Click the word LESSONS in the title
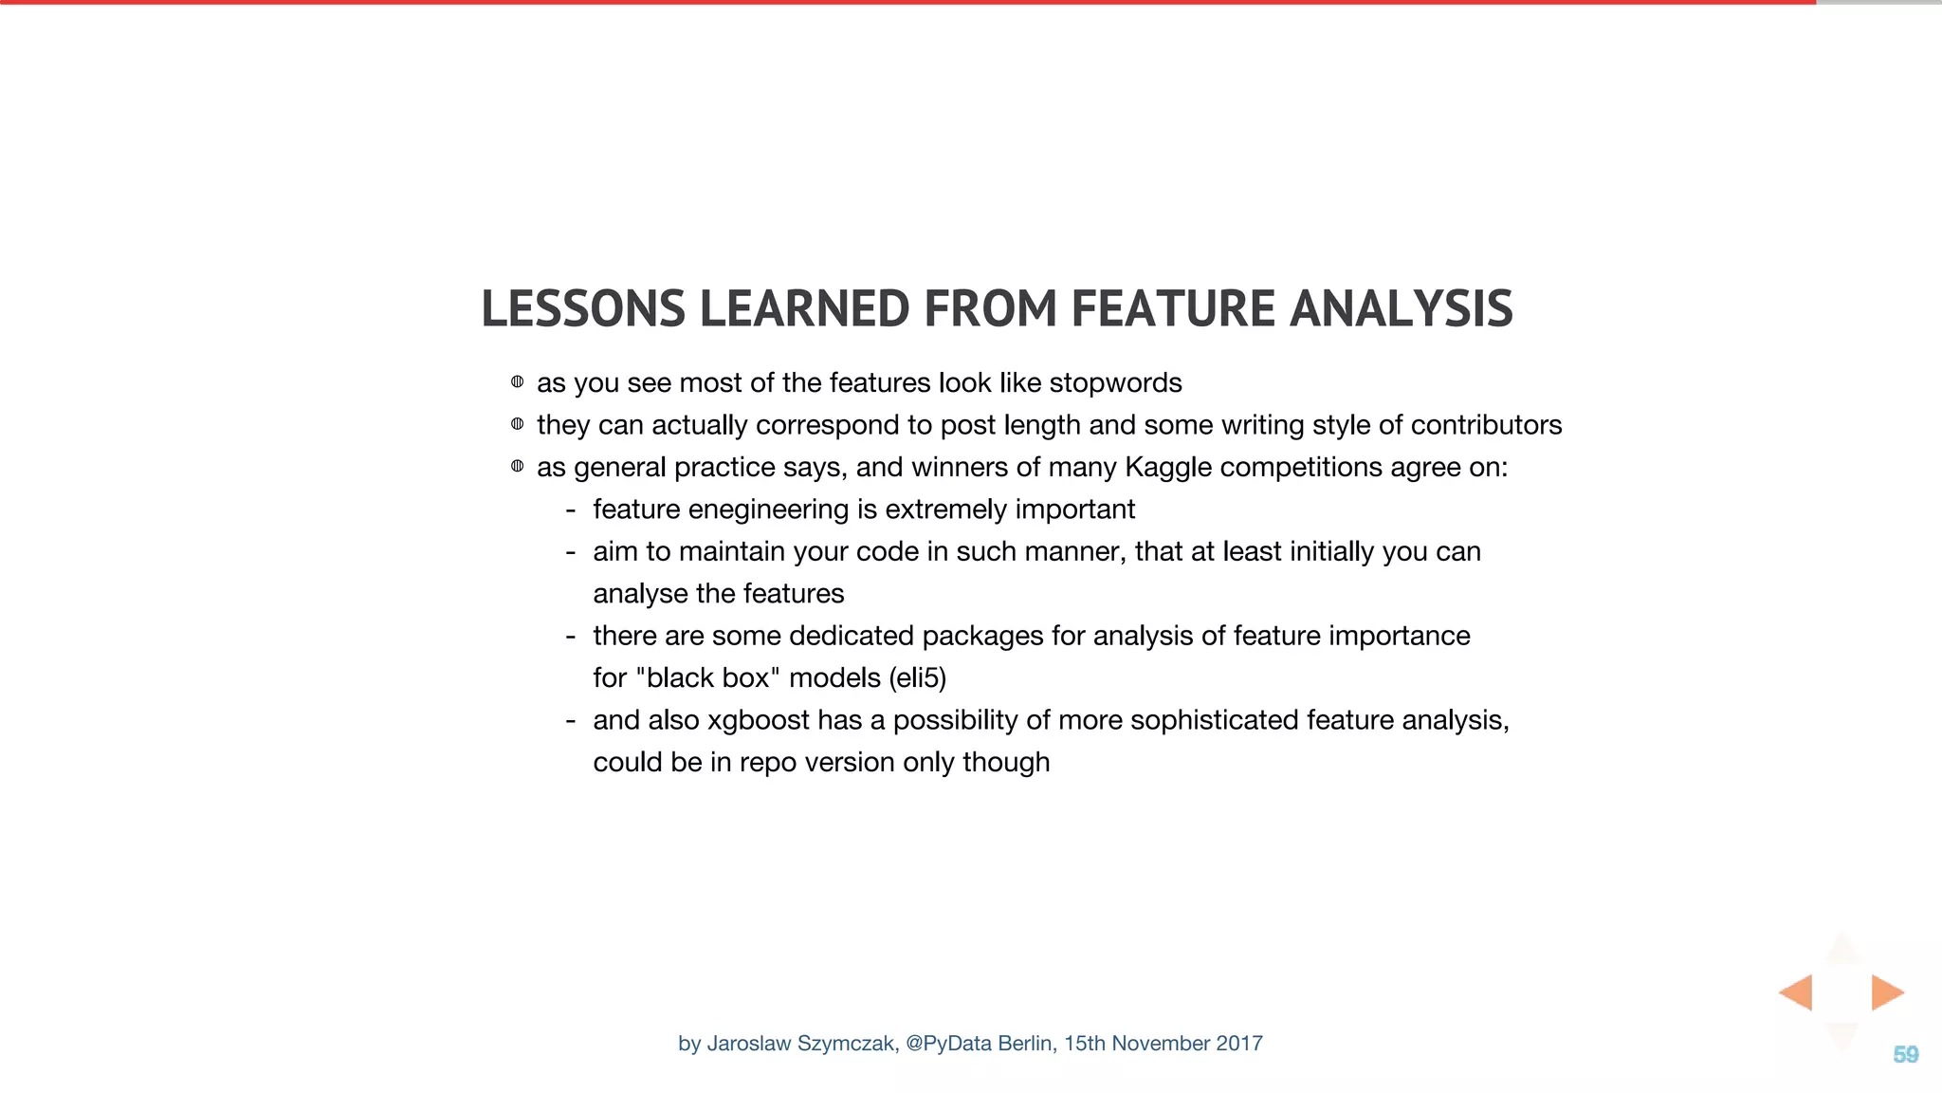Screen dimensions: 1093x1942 (582, 309)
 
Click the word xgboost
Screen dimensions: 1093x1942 (758, 721)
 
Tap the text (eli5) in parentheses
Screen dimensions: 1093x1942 (917, 678)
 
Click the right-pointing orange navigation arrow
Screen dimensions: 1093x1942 (1886, 992)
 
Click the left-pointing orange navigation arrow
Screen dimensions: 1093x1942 (1797, 992)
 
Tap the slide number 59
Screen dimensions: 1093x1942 (1905, 1055)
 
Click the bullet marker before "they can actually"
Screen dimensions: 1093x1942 (517, 424)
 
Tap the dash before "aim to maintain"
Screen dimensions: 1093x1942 (570, 552)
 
